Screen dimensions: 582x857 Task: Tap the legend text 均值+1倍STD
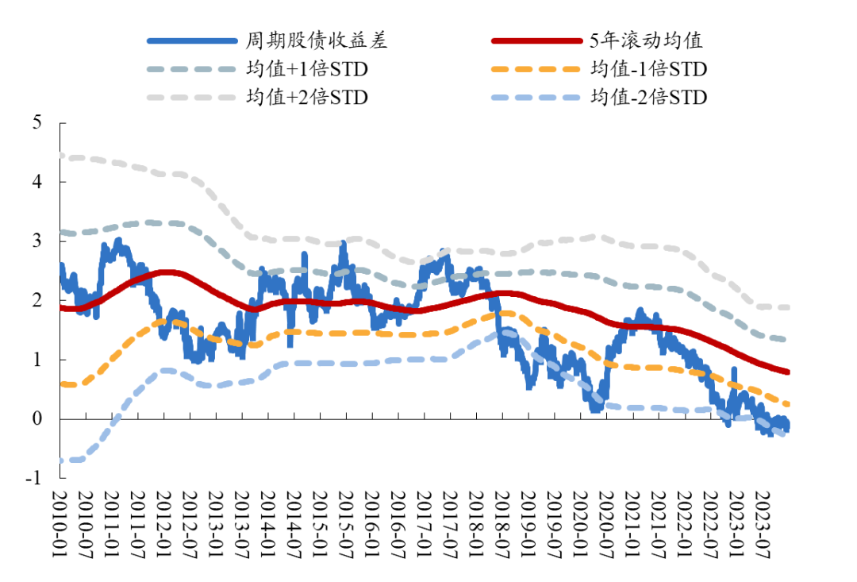click(307, 69)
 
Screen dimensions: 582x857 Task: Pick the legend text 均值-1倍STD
click(648, 69)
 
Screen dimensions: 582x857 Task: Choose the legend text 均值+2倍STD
click(307, 97)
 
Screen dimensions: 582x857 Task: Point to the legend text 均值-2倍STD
click(648, 97)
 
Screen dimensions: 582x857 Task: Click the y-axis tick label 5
click(37, 123)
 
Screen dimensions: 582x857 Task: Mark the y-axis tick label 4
click(37, 182)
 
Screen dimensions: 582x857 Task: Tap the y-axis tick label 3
click(37, 241)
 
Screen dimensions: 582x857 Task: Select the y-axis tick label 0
click(37, 418)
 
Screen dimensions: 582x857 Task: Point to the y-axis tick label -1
click(33, 477)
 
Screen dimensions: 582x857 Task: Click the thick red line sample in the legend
click(537, 40)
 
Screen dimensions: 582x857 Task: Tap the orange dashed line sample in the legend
click(537, 69)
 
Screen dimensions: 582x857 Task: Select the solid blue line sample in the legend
click(192, 40)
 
